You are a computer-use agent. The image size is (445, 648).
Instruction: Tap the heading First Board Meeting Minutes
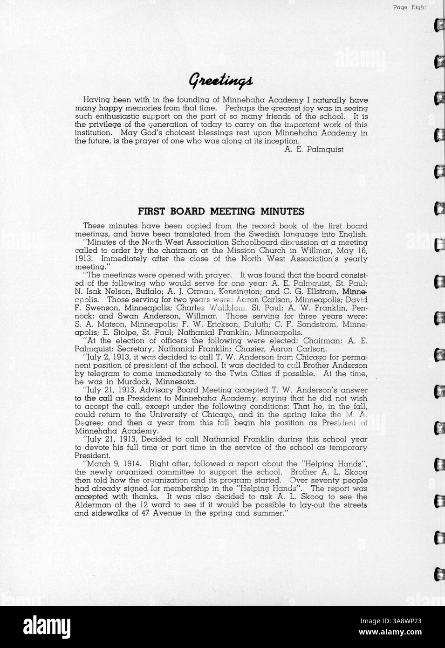tap(221, 211)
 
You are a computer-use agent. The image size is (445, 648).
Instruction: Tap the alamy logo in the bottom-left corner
tap(37, 627)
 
